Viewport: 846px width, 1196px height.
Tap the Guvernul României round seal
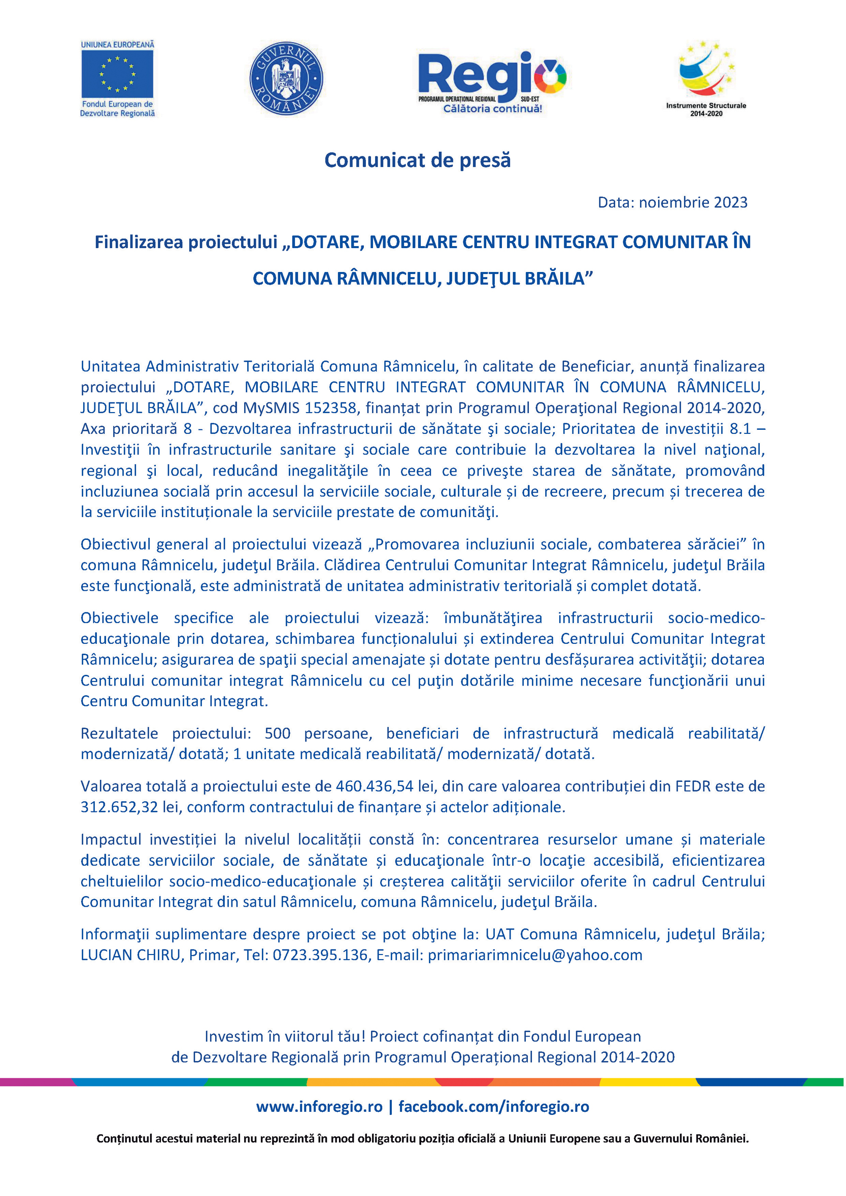click(x=286, y=78)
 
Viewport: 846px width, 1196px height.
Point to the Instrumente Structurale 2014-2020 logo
click(x=706, y=78)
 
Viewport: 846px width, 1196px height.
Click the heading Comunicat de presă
click(x=417, y=160)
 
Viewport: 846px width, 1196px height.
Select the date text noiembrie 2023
click(x=693, y=202)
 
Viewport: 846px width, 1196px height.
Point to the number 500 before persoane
click(x=277, y=733)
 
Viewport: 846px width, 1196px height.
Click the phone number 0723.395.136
click(x=320, y=955)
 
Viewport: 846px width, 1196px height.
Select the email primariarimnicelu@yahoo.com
click(x=535, y=955)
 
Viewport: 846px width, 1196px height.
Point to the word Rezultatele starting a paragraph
click(x=119, y=733)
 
